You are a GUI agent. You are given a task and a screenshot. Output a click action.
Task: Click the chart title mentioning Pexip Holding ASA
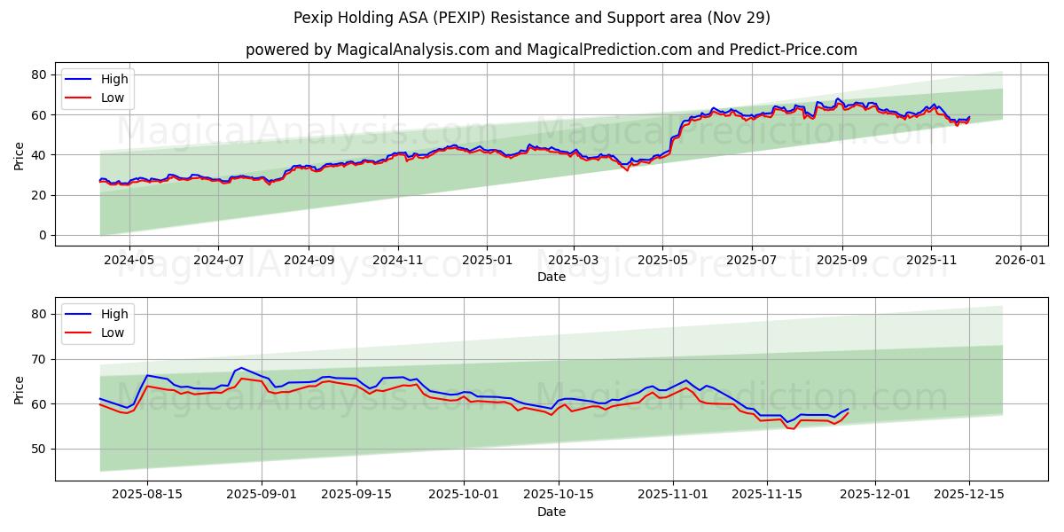(531, 18)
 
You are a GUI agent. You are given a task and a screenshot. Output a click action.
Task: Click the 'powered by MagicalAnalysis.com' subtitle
(551, 50)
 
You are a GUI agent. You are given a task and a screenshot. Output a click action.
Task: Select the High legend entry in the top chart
(114, 79)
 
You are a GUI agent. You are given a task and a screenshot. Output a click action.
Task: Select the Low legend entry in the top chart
(113, 98)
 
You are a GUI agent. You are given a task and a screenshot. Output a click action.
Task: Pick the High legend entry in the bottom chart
(114, 314)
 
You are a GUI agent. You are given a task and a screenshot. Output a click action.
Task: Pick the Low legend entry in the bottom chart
(113, 332)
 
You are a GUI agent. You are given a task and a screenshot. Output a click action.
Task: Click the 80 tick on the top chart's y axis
(38, 74)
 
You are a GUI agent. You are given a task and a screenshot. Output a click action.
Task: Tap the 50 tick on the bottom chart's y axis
(38, 449)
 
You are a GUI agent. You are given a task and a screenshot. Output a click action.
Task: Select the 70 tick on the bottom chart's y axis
(38, 359)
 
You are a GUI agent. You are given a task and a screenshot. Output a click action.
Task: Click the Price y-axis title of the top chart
(20, 156)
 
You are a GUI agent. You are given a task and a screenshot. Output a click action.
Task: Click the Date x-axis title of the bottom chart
(551, 512)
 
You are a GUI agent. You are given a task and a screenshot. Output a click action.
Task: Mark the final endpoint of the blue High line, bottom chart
(848, 409)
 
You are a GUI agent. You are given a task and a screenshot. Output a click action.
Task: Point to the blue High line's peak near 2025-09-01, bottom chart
(241, 367)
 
